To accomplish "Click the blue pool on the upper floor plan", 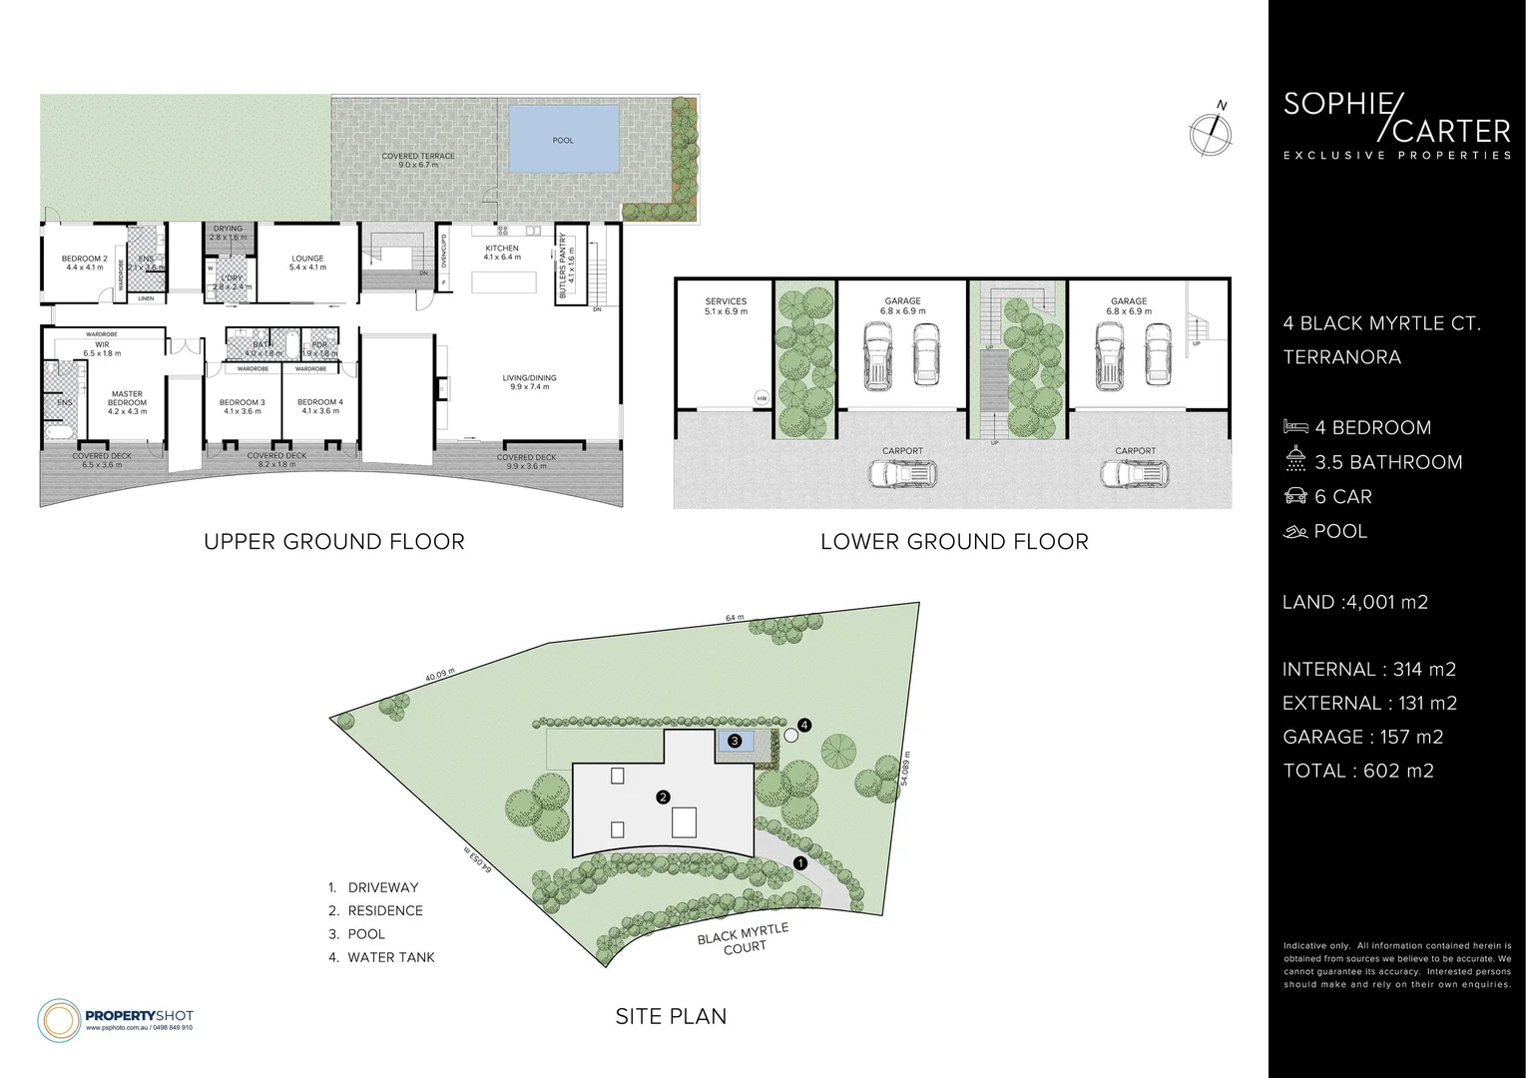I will [x=563, y=140].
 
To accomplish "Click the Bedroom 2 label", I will [x=85, y=263].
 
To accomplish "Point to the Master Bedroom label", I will [x=127, y=402].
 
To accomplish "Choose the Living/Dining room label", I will [x=529, y=382].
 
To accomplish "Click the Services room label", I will [x=726, y=306].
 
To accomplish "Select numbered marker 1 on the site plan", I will [x=798, y=862].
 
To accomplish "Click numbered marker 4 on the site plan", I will [x=803, y=725].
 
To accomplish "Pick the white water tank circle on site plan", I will [x=790, y=736].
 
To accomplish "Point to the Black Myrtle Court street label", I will [x=744, y=938].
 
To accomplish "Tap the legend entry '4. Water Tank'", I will [x=382, y=957].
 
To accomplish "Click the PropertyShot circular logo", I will [x=58, y=1018].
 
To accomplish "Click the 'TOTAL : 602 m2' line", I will [x=1357, y=771].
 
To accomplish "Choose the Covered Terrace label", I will [x=418, y=161].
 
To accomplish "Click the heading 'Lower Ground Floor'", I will [x=953, y=542].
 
